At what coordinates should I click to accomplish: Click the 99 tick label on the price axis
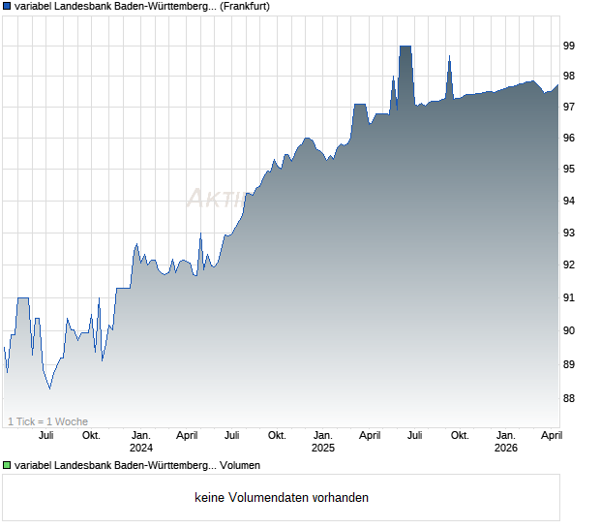click(x=569, y=46)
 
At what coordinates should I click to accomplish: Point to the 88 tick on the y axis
click(x=569, y=398)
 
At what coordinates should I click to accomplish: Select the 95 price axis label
click(x=569, y=170)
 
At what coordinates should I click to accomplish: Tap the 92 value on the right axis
click(x=569, y=264)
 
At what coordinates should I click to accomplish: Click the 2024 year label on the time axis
click(x=141, y=448)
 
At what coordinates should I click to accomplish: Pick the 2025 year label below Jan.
click(x=322, y=448)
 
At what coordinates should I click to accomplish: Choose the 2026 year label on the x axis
click(x=505, y=448)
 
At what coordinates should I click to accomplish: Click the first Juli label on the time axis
click(x=45, y=435)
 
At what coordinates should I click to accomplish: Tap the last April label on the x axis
click(x=551, y=435)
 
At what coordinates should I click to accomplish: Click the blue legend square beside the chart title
click(x=7, y=7)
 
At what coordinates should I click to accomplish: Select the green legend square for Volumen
click(x=7, y=466)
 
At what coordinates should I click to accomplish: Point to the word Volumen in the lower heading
click(x=240, y=466)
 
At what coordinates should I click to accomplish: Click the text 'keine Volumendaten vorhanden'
click(x=282, y=498)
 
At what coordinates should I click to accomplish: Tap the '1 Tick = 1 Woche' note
click(x=47, y=421)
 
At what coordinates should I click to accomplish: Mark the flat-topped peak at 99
click(x=405, y=47)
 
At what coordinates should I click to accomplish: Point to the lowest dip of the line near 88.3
click(x=49, y=388)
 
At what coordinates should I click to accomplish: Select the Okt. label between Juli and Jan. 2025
click(x=277, y=435)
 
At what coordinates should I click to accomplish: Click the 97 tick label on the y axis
click(x=569, y=107)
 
